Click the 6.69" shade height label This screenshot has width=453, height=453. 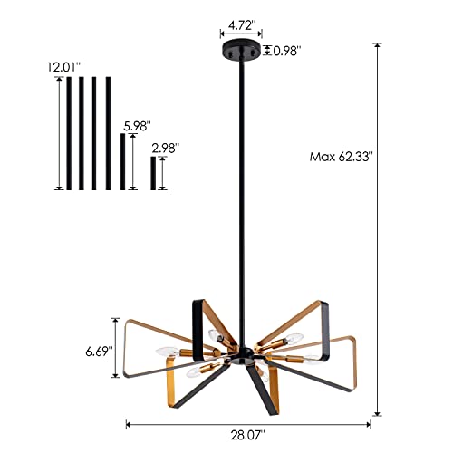tap(99, 349)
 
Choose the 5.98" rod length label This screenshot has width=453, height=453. tap(134, 126)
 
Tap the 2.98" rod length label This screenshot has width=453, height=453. tap(166, 147)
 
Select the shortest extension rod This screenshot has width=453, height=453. tap(153, 173)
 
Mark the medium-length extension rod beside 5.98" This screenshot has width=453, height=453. tap(122, 161)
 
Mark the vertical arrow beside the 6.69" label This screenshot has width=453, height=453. tap(116, 349)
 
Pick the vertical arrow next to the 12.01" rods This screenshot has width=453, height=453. tap(58, 132)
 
